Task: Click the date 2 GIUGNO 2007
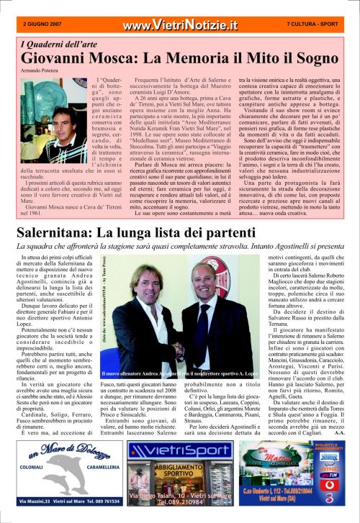coord(41,23)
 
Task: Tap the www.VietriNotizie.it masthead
coord(179,25)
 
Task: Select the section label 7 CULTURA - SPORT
coord(313,23)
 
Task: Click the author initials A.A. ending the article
coord(339,433)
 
